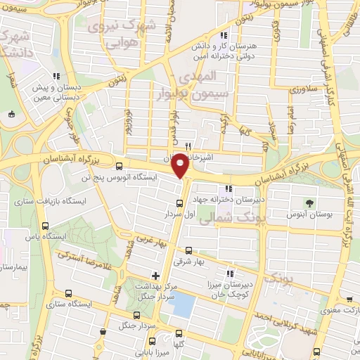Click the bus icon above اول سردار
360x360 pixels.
179,203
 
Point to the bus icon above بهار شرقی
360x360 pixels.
188,250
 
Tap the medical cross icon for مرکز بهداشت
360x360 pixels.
155,275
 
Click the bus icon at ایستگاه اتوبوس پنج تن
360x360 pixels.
119,167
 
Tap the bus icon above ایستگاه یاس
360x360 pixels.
46,226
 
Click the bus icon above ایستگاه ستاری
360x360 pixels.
68,294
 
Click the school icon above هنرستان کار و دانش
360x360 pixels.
224,35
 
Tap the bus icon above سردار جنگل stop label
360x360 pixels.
136,316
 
